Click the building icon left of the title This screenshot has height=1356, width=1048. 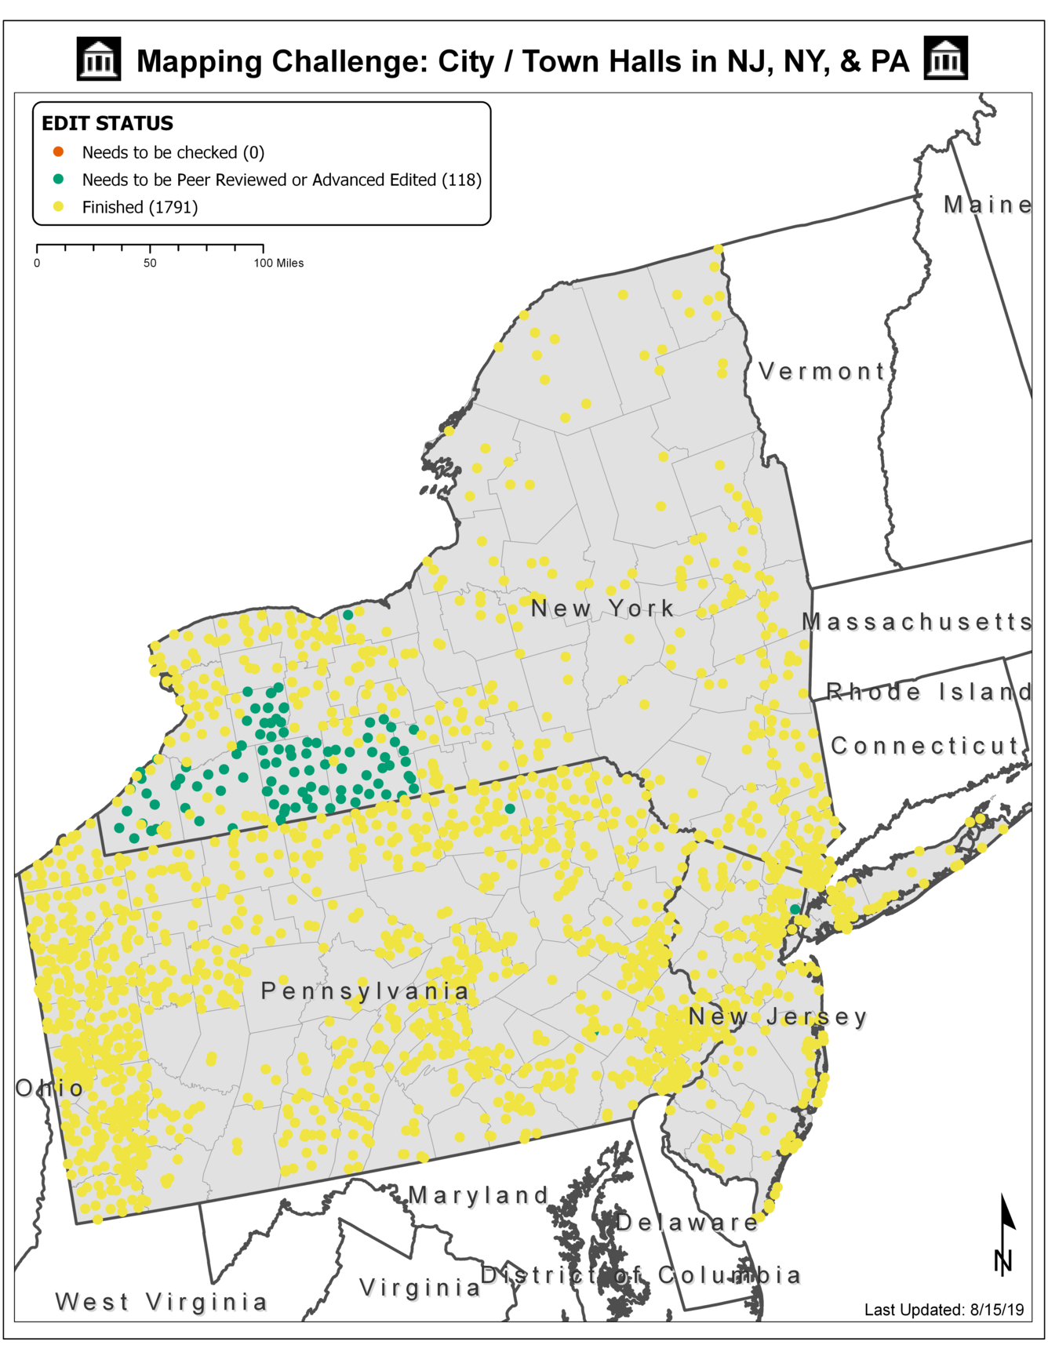pos(99,59)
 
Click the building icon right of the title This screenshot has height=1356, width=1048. pos(945,58)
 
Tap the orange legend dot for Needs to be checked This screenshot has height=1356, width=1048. pos(58,151)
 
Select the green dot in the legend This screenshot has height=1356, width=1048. pos(58,180)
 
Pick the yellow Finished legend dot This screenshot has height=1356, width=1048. pos(58,207)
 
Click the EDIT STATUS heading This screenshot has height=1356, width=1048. pos(107,123)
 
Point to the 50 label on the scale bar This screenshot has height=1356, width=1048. pos(150,264)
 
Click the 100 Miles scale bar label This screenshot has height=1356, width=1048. pos(278,264)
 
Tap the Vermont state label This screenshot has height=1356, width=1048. pos(822,371)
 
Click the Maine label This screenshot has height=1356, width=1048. pos(988,205)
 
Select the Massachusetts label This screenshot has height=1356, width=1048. pos(916,622)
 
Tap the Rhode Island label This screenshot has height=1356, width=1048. pos(930,692)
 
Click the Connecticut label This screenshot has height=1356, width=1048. pos(926,746)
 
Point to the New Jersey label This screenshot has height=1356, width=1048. pos(778,1017)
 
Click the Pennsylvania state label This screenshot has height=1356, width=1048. pos(365,991)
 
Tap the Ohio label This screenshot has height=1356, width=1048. pos(49,1088)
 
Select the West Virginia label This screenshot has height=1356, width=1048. pos(162,1302)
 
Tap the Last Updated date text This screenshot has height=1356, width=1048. pos(944,1310)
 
